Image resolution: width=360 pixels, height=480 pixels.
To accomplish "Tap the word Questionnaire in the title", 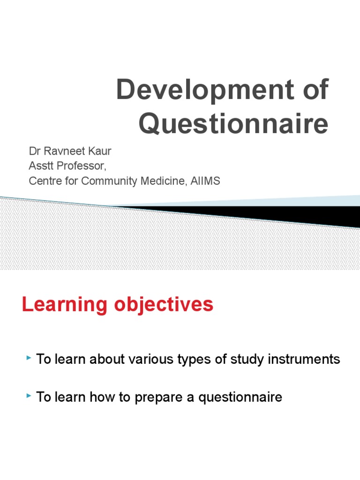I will pyautogui.click(x=234, y=124).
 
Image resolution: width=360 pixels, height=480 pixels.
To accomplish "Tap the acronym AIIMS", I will pyautogui.click(x=205, y=181).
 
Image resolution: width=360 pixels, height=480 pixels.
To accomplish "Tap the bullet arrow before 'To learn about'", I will pyautogui.click(x=29, y=359).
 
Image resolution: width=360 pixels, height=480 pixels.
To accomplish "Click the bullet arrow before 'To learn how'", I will pyautogui.click(x=29, y=397).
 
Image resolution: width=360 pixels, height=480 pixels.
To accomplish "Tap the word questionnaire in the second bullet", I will pyautogui.click(x=240, y=398).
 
